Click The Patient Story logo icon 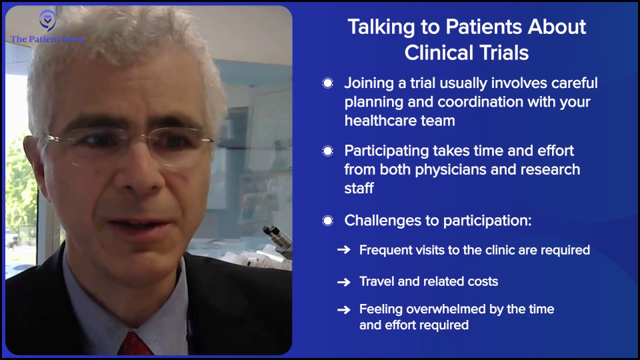[x=47, y=20]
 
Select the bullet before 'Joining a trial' [x=327, y=83]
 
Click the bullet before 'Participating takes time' [x=327, y=151]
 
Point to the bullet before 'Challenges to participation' [x=327, y=220]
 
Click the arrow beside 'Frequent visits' [x=344, y=251]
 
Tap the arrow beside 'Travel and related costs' [x=344, y=282]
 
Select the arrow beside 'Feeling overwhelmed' [x=344, y=310]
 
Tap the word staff [x=359, y=189]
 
